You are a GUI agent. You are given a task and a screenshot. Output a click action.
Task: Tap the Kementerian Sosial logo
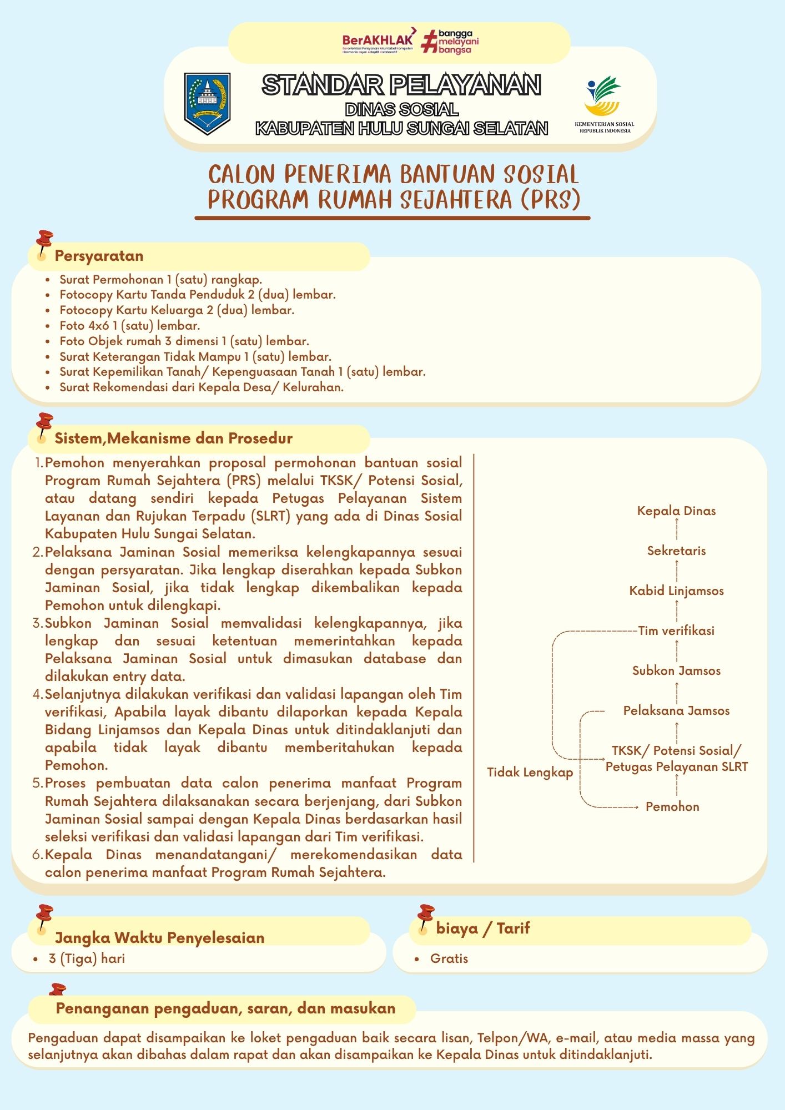click(604, 103)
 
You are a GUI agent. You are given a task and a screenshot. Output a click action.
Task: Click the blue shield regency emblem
click(207, 103)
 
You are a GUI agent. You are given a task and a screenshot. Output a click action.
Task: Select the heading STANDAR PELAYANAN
click(401, 85)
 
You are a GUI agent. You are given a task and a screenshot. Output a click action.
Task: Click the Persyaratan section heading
click(99, 256)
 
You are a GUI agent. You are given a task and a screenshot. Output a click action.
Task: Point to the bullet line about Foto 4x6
click(130, 326)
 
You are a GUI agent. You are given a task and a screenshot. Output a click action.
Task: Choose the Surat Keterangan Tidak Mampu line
click(195, 357)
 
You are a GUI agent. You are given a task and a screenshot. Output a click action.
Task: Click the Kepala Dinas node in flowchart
click(676, 511)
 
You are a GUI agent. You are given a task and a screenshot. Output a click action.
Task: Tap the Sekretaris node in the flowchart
click(676, 551)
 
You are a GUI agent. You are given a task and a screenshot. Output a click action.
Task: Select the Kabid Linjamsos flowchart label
click(676, 591)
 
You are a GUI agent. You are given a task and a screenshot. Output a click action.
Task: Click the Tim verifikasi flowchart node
click(676, 630)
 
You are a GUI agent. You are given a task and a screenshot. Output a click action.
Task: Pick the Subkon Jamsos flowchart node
click(676, 670)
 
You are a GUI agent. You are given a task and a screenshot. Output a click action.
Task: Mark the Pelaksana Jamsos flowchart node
click(676, 710)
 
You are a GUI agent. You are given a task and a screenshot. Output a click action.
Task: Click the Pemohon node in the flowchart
click(672, 806)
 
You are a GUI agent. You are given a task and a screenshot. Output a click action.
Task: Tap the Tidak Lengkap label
click(530, 772)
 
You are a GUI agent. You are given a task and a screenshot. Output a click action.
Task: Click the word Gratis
click(449, 958)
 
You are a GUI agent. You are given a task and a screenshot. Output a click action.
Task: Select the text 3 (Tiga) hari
click(87, 958)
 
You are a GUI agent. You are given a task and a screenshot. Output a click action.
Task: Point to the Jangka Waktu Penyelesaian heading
click(159, 937)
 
